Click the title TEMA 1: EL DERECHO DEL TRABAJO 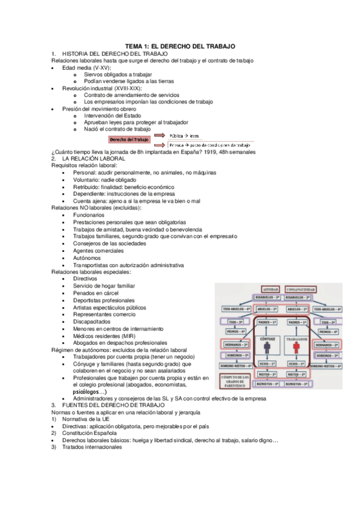tap(180, 46)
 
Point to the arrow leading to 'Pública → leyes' tap(159, 136)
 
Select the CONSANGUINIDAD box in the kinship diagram tap(297, 288)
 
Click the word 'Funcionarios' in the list tap(88, 215)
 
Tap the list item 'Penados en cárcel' tap(96, 293)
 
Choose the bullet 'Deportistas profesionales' tap(104, 300)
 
